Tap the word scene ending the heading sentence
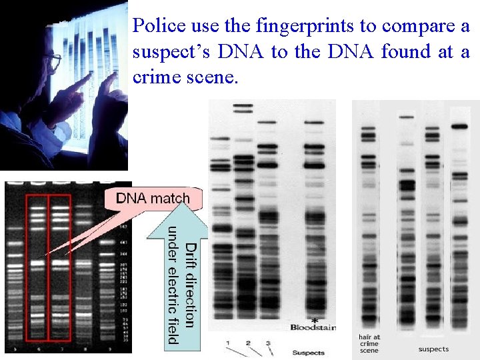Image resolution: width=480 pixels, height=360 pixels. tap(213, 77)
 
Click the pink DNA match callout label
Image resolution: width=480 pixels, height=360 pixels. tap(153, 198)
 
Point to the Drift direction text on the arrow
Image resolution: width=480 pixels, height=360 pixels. tap(190, 285)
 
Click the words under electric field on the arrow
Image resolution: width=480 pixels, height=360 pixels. tap(173, 285)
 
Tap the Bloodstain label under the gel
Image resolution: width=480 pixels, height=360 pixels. tap(313, 327)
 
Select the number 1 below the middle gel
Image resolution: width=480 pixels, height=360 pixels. tap(228, 343)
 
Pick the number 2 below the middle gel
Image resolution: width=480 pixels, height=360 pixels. tap(248, 343)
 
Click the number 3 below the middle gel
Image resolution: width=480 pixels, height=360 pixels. tap(267, 343)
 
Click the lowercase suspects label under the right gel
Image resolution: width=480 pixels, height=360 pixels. tap(434, 349)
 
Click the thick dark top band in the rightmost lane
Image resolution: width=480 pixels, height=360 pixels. tap(460, 125)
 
